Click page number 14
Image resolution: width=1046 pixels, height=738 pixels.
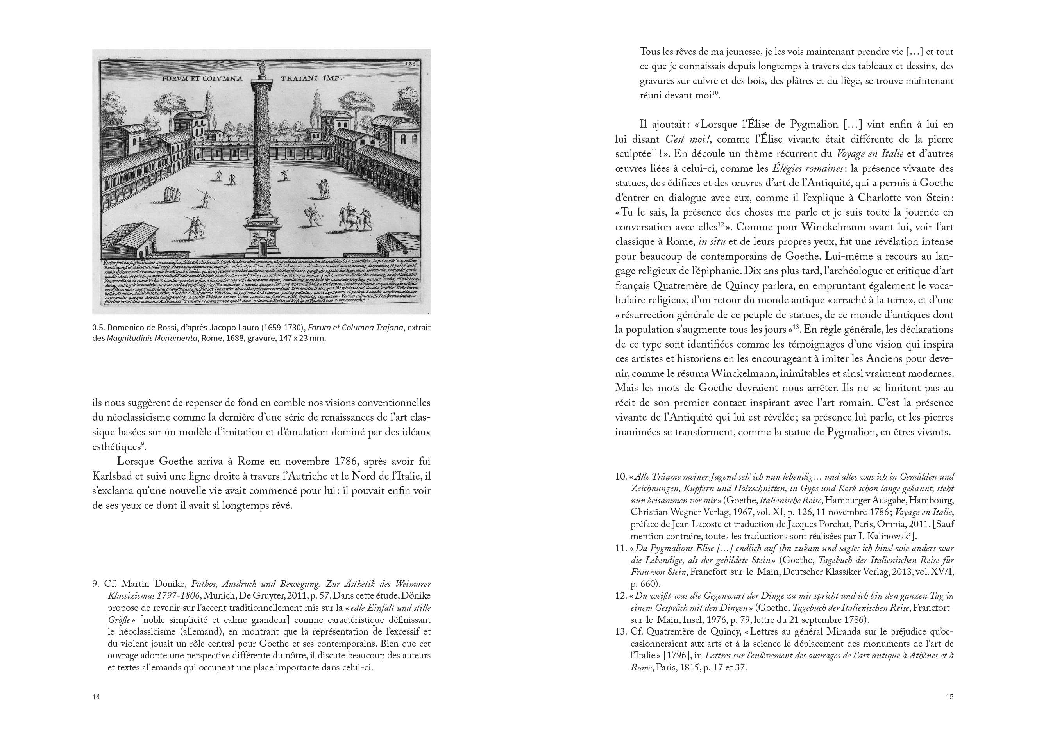96,697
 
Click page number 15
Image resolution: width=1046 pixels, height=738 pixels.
949,697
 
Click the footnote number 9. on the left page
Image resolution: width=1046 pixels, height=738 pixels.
96,584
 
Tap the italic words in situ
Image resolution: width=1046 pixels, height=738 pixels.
711,242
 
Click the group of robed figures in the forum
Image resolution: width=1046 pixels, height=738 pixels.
172,194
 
